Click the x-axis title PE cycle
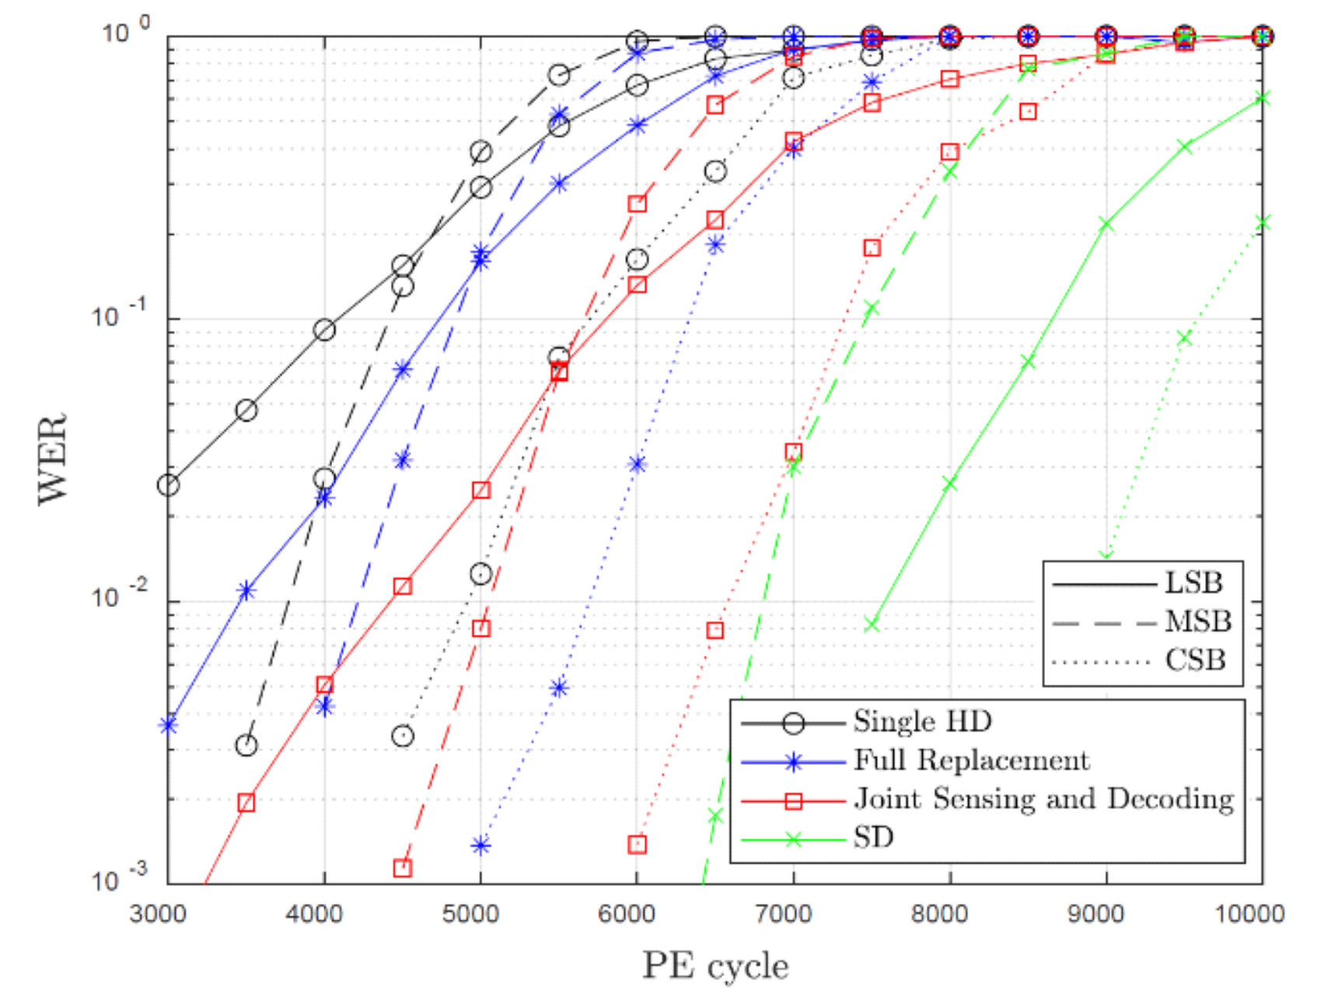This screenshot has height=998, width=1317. point(715,966)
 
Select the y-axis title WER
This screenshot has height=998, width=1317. point(53,459)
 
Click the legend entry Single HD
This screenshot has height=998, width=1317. point(922,721)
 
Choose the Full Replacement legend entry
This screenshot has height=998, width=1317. point(971,760)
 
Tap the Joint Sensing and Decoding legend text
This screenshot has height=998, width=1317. point(1043,799)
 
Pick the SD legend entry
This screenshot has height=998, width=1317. point(873,838)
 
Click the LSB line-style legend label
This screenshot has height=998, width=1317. point(1193,583)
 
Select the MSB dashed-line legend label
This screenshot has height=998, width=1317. point(1197,622)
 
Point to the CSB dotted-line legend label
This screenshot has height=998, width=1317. point(1195,661)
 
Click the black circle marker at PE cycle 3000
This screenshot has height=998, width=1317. point(168,486)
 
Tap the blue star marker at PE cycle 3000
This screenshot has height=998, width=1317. point(168,725)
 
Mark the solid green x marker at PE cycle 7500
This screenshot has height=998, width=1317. point(872,624)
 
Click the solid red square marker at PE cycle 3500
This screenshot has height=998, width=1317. point(246,802)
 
